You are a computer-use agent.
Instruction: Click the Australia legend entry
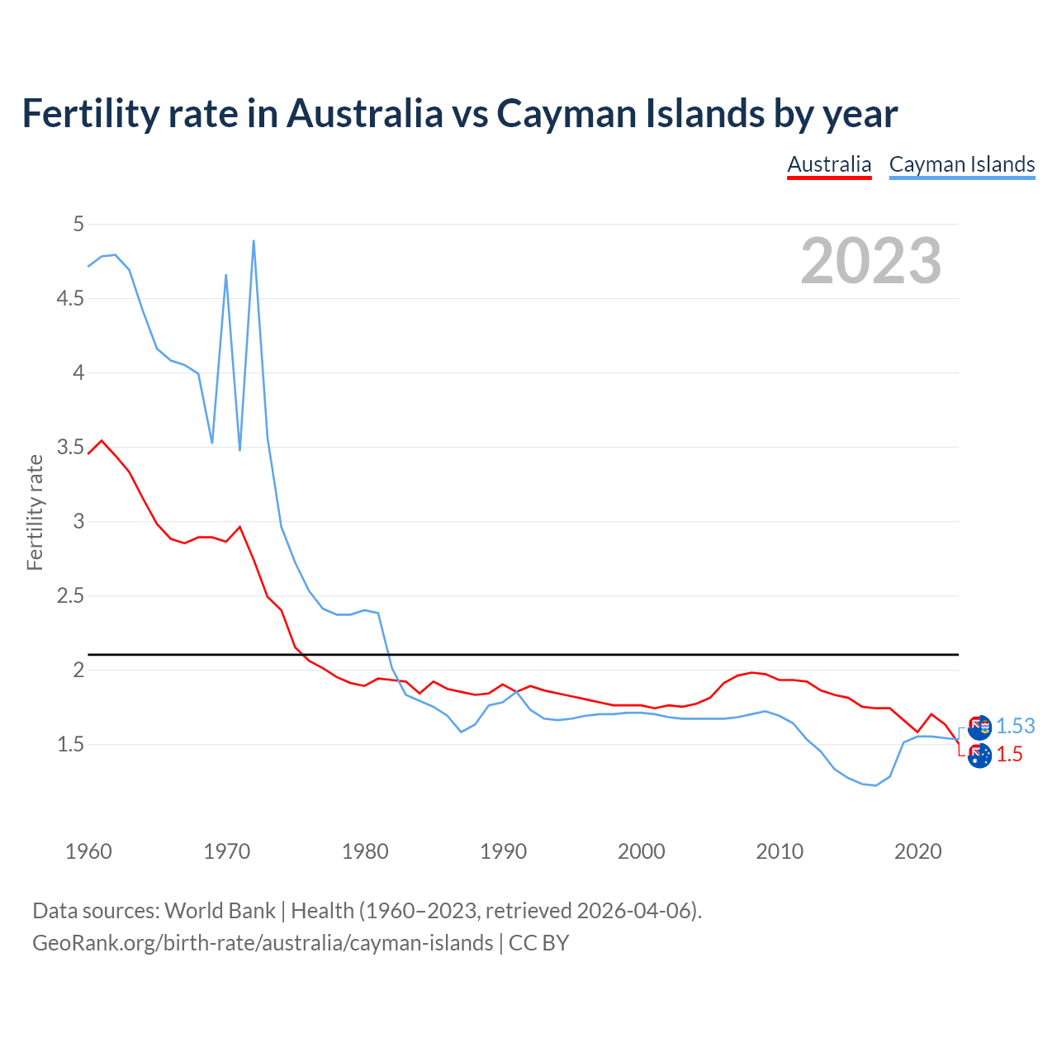coord(829,164)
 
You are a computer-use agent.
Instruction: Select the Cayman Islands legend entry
coord(962,164)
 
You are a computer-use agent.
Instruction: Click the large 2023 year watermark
coord(871,261)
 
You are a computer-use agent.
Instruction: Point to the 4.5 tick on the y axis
coord(70,298)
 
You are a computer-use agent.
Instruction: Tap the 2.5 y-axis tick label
coord(70,595)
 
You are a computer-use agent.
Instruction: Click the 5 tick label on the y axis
coord(78,224)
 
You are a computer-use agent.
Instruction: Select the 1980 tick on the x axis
coord(365,851)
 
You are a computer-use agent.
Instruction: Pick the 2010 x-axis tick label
coord(780,851)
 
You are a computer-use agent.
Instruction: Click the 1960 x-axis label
coord(88,851)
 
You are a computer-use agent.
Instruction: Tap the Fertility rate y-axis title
coord(35,512)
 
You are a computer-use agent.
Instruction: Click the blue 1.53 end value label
coord(1015,726)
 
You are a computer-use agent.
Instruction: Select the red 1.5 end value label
coord(1009,754)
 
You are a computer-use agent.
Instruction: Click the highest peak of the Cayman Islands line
coord(254,241)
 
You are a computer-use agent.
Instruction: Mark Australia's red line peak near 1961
coord(102,440)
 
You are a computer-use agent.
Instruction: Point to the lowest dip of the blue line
coord(875,785)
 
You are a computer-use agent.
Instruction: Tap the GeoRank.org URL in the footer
coord(263,943)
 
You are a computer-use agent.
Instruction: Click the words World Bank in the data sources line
coord(220,911)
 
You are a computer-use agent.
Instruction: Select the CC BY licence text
coord(538,943)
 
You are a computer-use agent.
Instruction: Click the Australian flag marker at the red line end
coord(979,756)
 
